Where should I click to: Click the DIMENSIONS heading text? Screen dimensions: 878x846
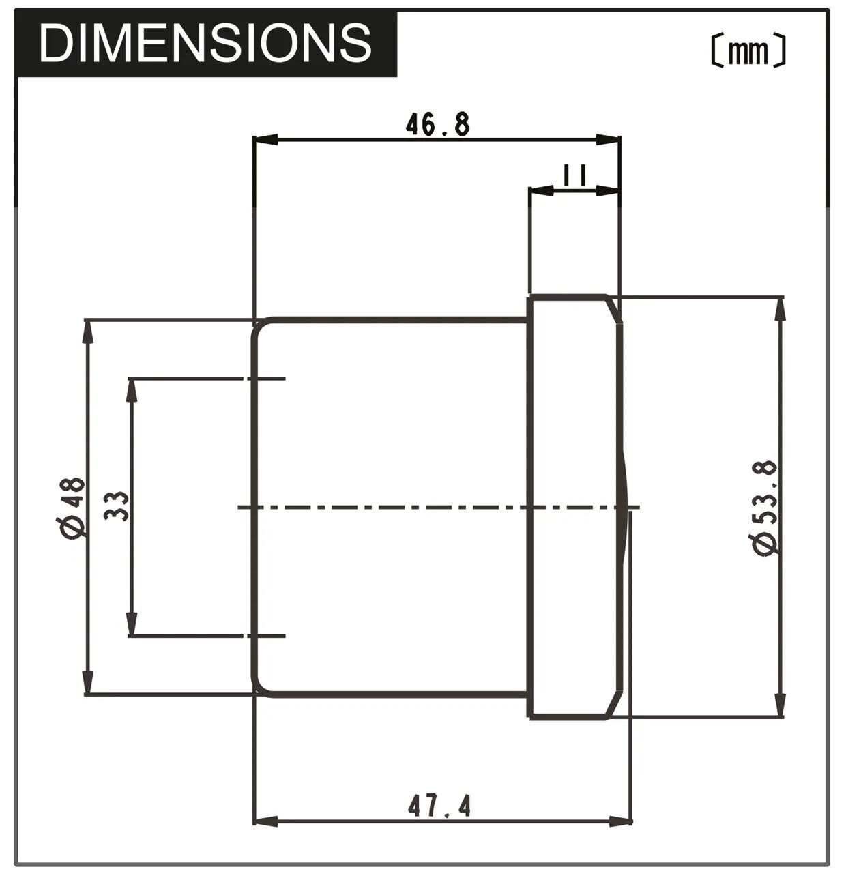point(205,42)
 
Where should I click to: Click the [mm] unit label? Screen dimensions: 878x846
point(748,51)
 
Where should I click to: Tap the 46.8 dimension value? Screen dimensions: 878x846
point(437,124)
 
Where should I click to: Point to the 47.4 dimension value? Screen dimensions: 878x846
point(439,806)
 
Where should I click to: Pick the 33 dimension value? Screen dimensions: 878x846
point(117,506)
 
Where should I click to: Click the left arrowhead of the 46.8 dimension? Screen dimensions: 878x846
point(266,139)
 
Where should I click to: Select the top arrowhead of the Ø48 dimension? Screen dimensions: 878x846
point(87,332)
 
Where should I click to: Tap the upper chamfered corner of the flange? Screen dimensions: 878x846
point(614,308)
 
